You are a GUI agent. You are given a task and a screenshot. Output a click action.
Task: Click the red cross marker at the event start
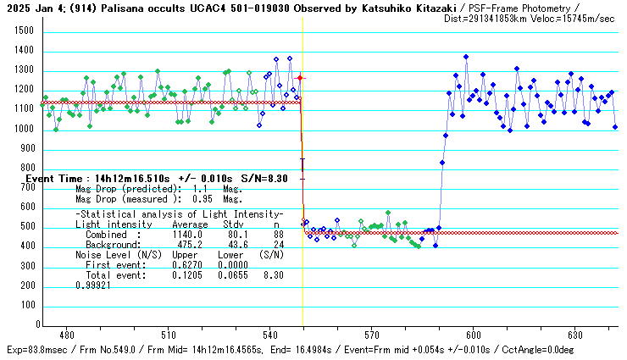click(x=300, y=78)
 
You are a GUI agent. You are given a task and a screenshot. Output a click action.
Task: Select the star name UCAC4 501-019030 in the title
click(x=219, y=7)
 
